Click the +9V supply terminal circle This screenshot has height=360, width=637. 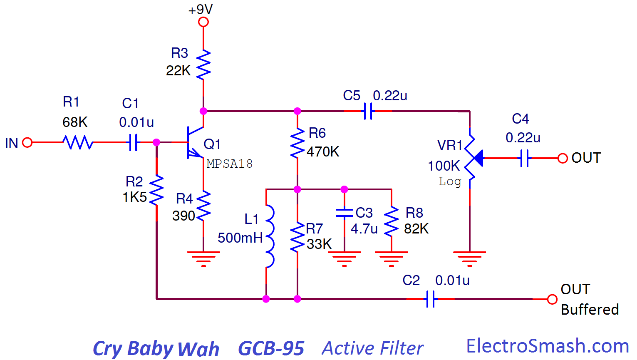pyautogui.click(x=203, y=22)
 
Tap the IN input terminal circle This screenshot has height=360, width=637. pyautogui.click(x=27, y=142)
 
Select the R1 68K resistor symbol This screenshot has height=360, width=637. pyautogui.click(x=78, y=142)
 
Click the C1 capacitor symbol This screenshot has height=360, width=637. pyautogui.click(x=133, y=142)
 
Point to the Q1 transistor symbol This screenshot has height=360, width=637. pyautogui.click(x=195, y=142)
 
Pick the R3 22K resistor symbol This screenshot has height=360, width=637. pyautogui.click(x=203, y=65)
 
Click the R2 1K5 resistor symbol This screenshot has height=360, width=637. pyautogui.click(x=156, y=190)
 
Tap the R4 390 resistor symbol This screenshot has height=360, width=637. pyautogui.click(x=203, y=206)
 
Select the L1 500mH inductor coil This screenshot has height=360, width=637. pyautogui.click(x=270, y=236)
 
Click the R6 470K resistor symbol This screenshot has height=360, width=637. pyautogui.click(x=297, y=143)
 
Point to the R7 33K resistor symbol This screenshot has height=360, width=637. pyautogui.click(x=297, y=237)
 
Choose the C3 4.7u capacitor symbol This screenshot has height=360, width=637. pyautogui.click(x=345, y=213)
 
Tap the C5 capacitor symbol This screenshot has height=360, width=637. pyautogui.click(x=368, y=111)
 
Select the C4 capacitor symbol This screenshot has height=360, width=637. pyautogui.click(x=524, y=158)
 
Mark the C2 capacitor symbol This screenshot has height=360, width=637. pyautogui.click(x=431, y=299)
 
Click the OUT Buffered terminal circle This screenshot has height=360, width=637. pyautogui.click(x=552, y=299)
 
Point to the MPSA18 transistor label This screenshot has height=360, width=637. pyautogui.click(x=230, y=164)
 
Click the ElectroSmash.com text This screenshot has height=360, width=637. pyautogui.click(x=548, y=346)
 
